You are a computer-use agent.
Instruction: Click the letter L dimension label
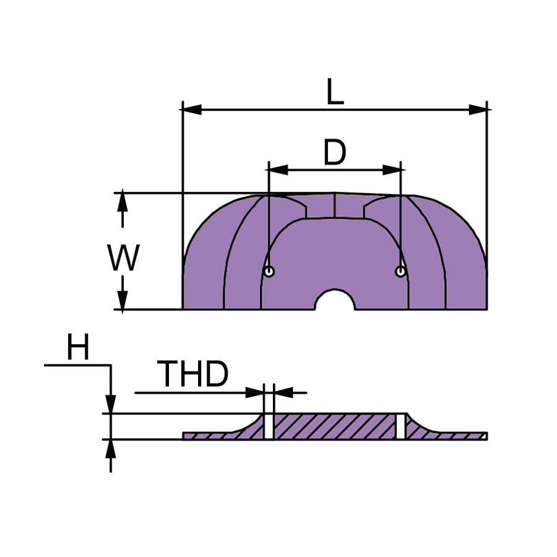pos(335,92)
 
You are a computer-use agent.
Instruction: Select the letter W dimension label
pos(123,257)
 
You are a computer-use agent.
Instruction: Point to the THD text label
pos(192,373)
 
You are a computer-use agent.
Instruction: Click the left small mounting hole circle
pos(269,272)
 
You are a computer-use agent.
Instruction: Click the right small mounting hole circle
pos(400,272)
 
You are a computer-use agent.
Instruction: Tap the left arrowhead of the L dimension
pos(192,110)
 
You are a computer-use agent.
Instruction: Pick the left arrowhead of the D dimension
pos(278,170)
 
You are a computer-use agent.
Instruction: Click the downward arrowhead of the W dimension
pos(123,300)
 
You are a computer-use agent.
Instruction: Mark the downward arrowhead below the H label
pos(111,404)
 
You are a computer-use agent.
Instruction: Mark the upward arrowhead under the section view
pos(111,449)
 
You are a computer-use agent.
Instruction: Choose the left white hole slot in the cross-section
pos(269,426)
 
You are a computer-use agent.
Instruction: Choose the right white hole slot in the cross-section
pos(401,426)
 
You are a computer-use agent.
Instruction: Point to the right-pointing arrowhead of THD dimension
pos(255,393)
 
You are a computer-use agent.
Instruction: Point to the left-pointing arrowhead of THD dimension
pos(283,393)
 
